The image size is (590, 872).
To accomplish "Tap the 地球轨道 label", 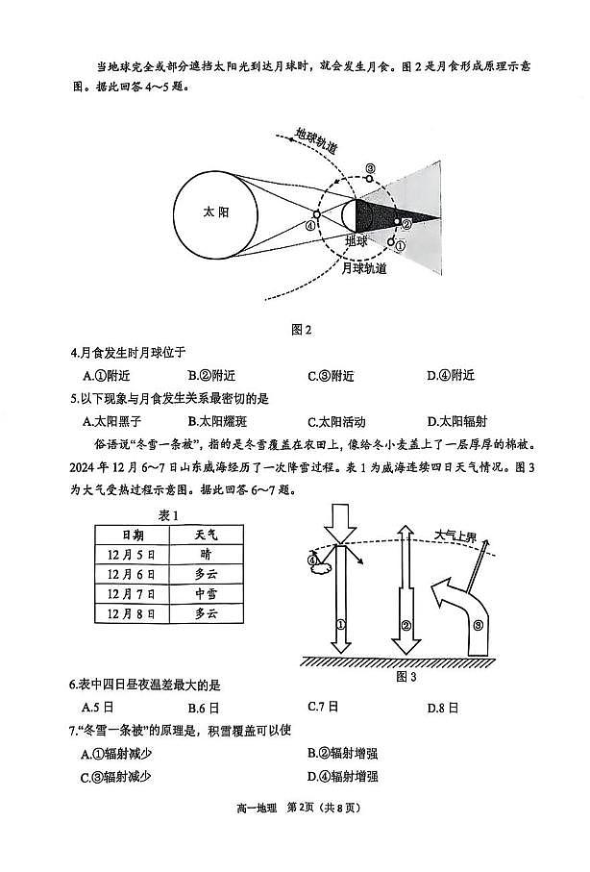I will [317, 141].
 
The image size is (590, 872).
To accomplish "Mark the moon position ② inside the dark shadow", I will [406, 223].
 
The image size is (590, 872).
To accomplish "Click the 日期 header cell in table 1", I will [133, 534].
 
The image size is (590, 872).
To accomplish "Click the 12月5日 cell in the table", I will [133, 554].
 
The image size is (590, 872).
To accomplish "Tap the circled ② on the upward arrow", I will [406, 625].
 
